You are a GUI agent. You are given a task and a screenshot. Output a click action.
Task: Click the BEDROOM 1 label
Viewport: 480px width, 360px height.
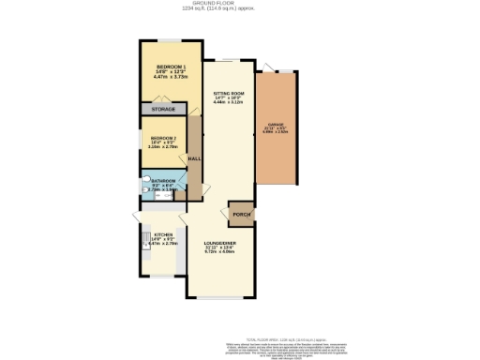(171, 67)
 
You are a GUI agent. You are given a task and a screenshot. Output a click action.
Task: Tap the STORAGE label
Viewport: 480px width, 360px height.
(164, 110)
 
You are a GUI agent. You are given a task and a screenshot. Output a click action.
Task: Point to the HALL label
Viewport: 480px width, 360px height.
(194, 158)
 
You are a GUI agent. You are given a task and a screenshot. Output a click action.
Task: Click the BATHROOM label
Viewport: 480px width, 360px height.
(163, 180)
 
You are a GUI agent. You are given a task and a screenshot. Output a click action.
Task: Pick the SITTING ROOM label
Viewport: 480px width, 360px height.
(229, 94)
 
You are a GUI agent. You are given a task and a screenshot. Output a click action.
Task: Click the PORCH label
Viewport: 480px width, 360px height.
(241, 214)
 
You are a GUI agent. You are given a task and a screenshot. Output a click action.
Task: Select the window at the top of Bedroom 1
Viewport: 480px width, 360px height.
(171, 40)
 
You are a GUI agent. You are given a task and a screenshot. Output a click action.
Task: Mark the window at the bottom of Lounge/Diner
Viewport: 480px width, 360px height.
(222, 298)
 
